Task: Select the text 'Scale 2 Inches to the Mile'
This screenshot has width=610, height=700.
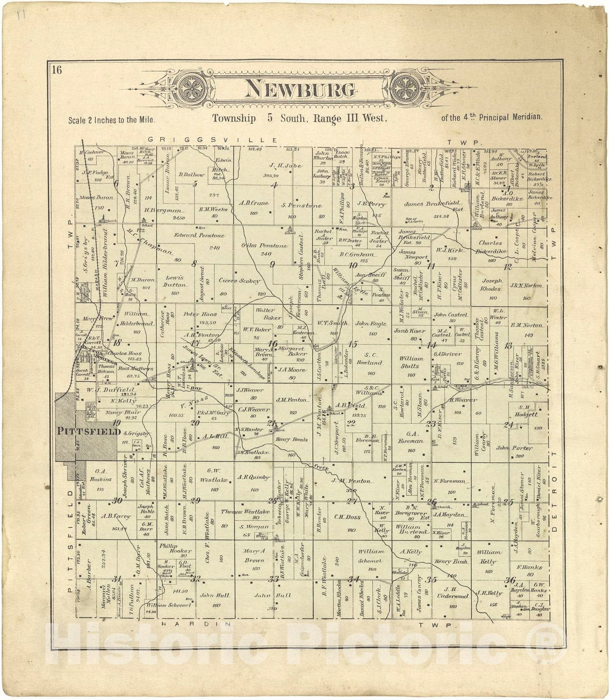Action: click(112, 119)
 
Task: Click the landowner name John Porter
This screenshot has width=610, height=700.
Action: click(514, 448)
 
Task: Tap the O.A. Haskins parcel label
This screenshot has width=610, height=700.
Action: click(100, 475)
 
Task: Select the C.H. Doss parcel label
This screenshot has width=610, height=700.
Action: click(347, 517)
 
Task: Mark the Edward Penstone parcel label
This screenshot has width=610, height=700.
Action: click(199, 235)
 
